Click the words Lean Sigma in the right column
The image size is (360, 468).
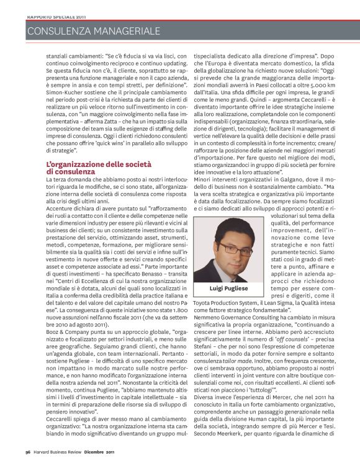pyautogui.click(x=285, y=305)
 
